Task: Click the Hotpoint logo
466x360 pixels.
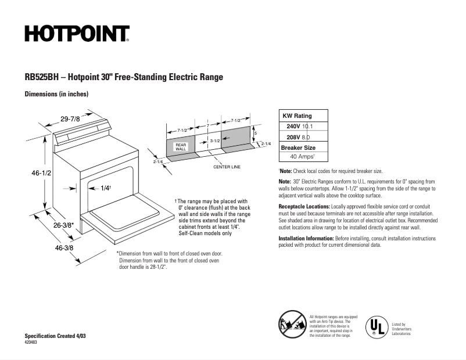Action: tap(77, 34)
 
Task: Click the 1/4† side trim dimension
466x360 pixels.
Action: tap(105, 188)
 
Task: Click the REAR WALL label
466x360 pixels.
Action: tap(181, 147)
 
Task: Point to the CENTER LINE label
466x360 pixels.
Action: tap(227, 167)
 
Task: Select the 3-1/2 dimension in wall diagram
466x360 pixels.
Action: tap(214, 141)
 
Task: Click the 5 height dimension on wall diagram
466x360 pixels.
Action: tap(255, 133)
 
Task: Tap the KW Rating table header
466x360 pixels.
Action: tap(297, 116)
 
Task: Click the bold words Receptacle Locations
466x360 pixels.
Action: tap(304, 207)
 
